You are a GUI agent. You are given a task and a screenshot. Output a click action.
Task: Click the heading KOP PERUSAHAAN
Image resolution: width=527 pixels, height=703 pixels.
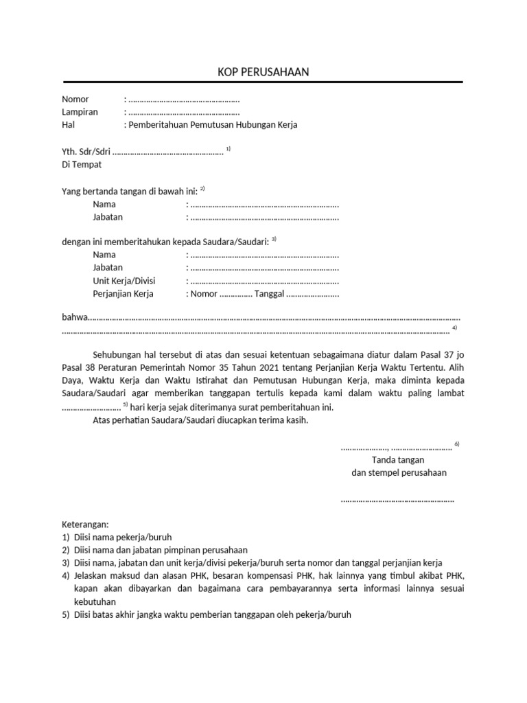[x=263, y=72]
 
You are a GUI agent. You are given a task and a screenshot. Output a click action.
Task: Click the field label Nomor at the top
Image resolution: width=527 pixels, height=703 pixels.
[x=75, y=100]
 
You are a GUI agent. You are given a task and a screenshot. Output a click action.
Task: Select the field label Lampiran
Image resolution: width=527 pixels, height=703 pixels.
[x=80, y=112]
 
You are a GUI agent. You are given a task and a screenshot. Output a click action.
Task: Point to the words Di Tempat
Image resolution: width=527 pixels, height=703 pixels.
[x=82, y=164]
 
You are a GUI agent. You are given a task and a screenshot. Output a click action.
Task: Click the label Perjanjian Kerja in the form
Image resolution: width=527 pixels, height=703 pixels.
[x=123, y=294]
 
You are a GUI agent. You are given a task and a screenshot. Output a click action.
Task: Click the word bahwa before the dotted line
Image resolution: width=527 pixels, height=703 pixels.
[x=75, y=319]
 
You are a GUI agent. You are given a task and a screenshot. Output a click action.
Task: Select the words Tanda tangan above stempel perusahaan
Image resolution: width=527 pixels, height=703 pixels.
[x=397, y=459]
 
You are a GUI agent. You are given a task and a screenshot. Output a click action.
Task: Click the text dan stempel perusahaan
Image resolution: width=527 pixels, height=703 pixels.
[x=399, y=472]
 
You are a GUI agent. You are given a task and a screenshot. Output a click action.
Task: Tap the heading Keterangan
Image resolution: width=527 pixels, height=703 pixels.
[x=85, y=524]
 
